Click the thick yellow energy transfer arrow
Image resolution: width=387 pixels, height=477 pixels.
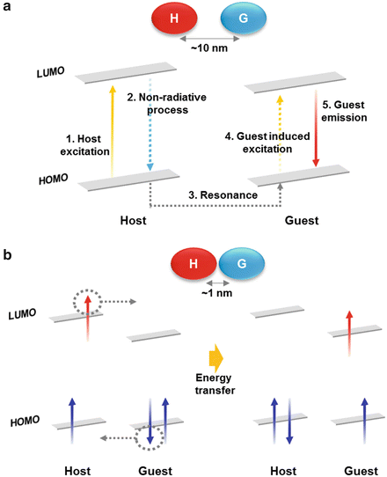(214, 359)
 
